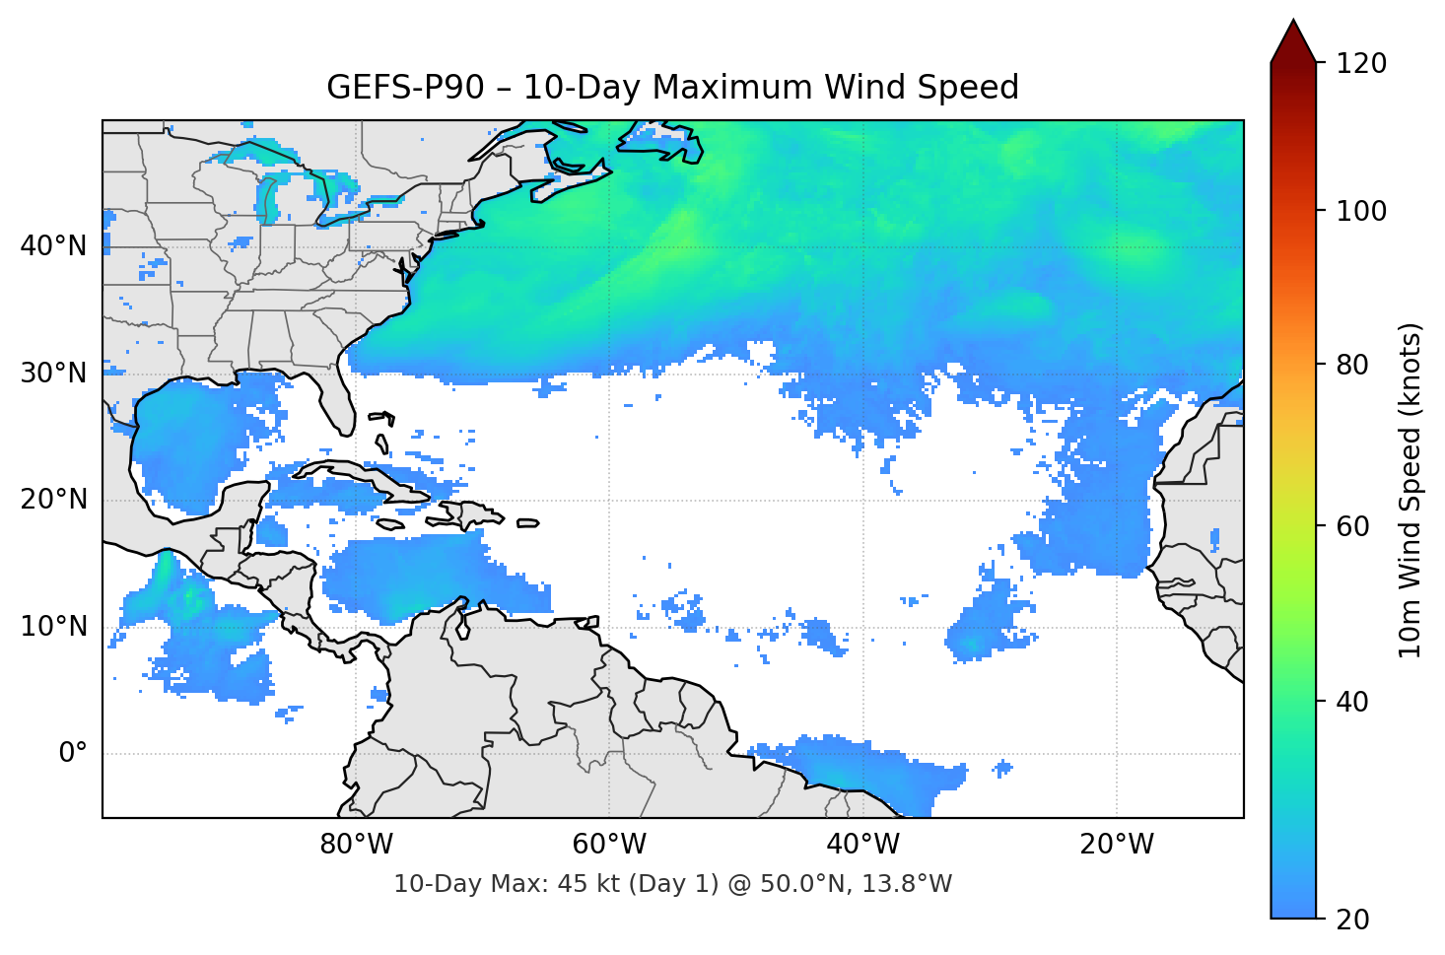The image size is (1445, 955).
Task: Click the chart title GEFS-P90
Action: point(672,88)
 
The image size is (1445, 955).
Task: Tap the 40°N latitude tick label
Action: point(53,246)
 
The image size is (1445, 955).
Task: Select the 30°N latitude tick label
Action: point(53,374)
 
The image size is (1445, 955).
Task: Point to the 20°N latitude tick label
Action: point(53,500)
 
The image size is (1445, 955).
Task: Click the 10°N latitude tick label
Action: point(53,627)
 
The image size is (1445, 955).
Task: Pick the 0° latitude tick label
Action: point(73,754)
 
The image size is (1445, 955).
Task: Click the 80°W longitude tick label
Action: point(356,845)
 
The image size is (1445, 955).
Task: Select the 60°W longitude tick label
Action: point(609,845)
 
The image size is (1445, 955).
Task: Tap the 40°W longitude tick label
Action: point(862,845)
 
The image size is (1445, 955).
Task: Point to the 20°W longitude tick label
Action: point(1116,845)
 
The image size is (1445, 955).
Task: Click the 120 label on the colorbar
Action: point(1361,63)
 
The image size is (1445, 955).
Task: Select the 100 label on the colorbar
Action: point(1361,211)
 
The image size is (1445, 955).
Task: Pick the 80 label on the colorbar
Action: point(1352,365)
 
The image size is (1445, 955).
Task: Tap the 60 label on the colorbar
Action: point(1352,526)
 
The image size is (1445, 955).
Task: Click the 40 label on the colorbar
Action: point(1352,702)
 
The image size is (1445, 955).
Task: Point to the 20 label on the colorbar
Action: point(1352,920)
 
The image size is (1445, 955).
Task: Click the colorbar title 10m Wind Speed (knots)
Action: point(1411,491)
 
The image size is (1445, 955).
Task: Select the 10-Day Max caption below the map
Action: point(672,884)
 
